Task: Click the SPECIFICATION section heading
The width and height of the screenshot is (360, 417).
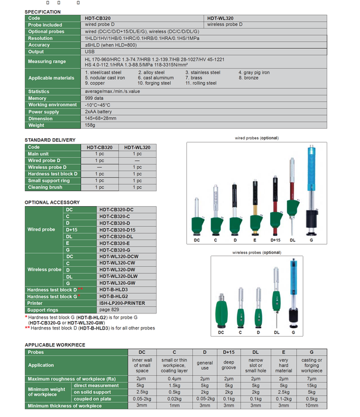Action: point(43,11)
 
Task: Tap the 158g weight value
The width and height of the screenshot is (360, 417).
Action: point(90,125)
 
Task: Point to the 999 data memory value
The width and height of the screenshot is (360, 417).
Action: point(93,98)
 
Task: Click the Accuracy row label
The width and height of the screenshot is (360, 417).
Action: point(39,45)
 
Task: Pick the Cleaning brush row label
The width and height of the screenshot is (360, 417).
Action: point(45,187)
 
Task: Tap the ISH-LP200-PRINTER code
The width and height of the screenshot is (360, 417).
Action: point(121,304)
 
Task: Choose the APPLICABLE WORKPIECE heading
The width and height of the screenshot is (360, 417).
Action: point(55,345)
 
